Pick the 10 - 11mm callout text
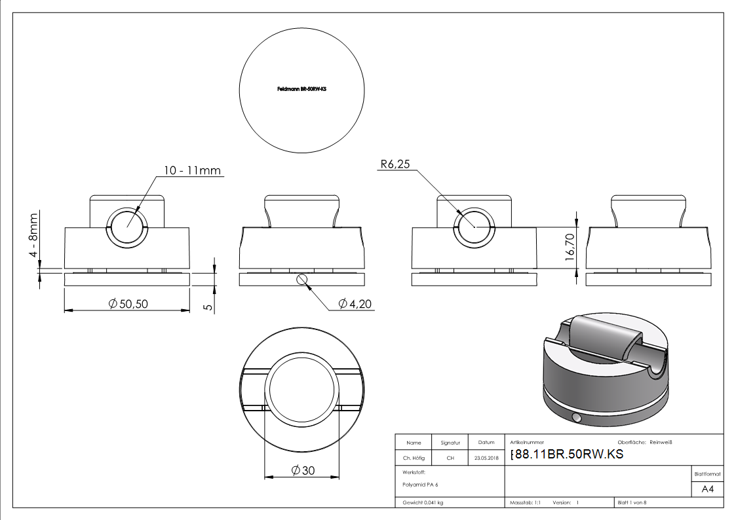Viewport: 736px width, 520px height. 192,171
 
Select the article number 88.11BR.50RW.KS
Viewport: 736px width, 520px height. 566,455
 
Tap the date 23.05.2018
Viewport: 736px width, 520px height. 486,458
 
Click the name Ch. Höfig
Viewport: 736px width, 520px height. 413,458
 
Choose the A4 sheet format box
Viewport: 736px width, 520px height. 707,489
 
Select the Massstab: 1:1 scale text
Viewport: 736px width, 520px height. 525,503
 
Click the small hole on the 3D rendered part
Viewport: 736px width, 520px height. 576,418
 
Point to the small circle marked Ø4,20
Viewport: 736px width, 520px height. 301,280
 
